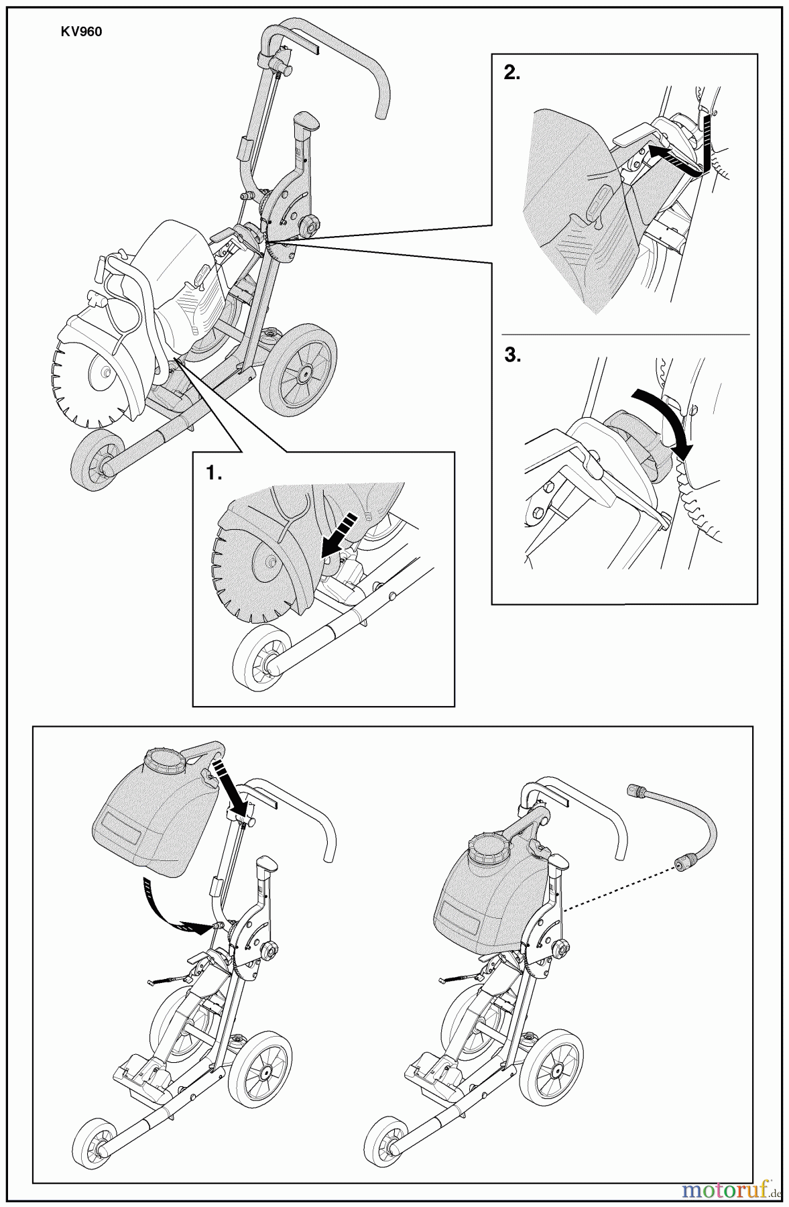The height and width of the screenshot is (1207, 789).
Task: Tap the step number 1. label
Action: (214, 473)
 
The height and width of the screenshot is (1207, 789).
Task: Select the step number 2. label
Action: (511, 74)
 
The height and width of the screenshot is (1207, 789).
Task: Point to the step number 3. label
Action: (512, 356)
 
